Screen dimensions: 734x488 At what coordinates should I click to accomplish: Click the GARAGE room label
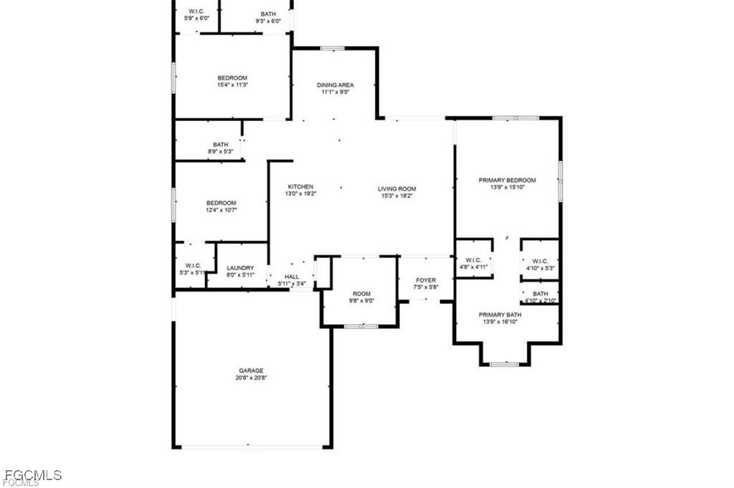(252, 370)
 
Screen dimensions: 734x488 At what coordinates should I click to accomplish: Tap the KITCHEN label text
(300, 187)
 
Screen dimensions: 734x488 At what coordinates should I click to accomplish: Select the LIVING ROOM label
(397, 189)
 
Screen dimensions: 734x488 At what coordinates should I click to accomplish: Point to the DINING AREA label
(335, 85)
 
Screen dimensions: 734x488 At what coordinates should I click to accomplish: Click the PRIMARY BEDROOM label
(507, 180)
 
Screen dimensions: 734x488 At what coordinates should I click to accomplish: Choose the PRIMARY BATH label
(500, 315)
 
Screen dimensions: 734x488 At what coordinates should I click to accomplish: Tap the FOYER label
(426, 280)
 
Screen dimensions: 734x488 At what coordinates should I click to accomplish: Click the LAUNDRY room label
(240, 268)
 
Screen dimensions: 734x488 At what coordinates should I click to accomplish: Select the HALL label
(292, 277)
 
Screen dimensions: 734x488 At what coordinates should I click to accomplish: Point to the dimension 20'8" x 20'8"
(252, 378)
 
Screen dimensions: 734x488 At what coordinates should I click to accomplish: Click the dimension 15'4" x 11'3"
(232, 85)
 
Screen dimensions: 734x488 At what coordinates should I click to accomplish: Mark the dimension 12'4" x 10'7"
(221, 210)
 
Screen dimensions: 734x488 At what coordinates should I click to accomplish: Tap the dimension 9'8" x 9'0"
(361, 301)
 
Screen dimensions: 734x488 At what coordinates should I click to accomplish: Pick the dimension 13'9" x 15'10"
(507, 187)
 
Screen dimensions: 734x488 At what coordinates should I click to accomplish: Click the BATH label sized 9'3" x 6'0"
(268, 14)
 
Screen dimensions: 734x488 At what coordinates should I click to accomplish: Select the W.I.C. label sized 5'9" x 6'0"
(196, 11)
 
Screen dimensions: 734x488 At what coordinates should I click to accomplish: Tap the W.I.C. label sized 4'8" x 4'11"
(473, 260)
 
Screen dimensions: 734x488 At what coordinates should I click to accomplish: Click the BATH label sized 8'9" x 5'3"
(221, 145)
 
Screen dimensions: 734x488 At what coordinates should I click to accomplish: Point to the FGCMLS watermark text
(33, 475)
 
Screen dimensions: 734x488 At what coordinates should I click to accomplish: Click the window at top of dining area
(333, 48)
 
